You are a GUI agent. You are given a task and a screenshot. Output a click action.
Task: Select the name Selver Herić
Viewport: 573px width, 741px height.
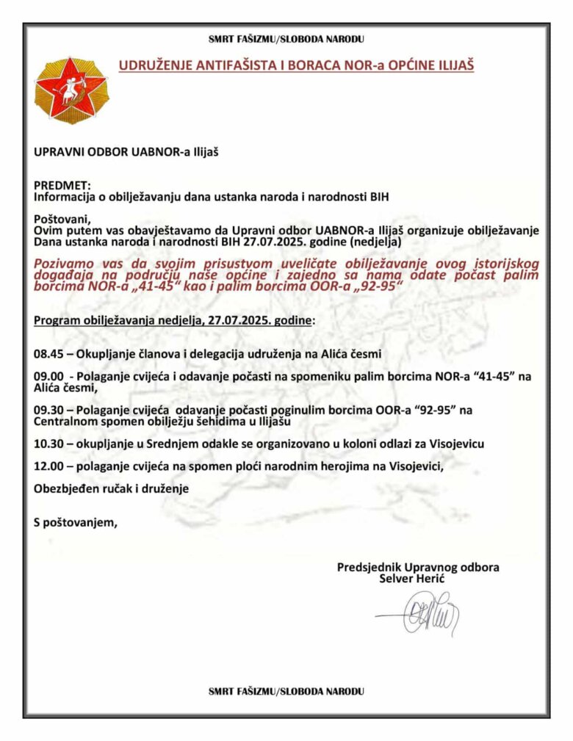tap(413, 579)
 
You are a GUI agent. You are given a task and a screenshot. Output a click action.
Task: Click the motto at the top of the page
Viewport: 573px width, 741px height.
tap(286, 40)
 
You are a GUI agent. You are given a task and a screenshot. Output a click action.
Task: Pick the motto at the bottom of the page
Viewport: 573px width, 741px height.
tap(286, 691)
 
